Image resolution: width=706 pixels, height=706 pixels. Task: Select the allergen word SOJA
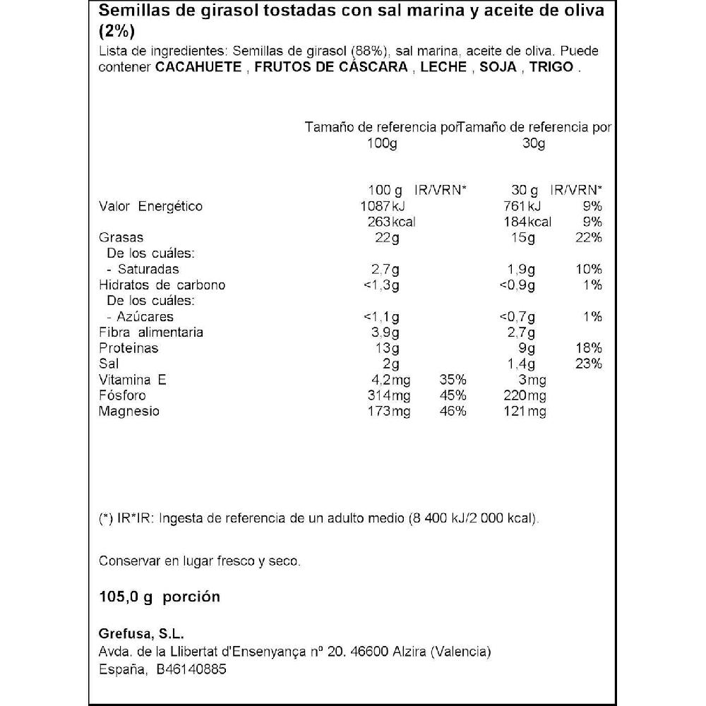pyautogui.click(x=499, y=68)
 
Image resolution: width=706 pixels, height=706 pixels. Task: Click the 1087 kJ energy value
pyautogui.click(x=383, y=206)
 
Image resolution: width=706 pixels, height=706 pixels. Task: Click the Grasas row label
pyautogui.click(x=121, y=238)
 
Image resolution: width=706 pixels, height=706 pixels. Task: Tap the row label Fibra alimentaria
pyautogui.click(x=151, y=333)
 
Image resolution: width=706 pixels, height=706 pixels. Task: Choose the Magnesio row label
pyautogui.click(x=129, y=411)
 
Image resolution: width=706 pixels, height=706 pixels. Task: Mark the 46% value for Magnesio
pyautogui.click(x=453, y=411)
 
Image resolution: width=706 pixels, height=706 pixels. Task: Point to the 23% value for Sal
pyautogui.click(x=588, y=364)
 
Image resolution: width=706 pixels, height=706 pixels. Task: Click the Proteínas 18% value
pyautogui.click(x=588, y=348)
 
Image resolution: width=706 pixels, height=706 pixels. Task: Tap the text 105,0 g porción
pyautogui.click(x=160, y=597)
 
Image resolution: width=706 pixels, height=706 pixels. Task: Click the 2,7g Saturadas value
pyautogui.click(x=385, y=269)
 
